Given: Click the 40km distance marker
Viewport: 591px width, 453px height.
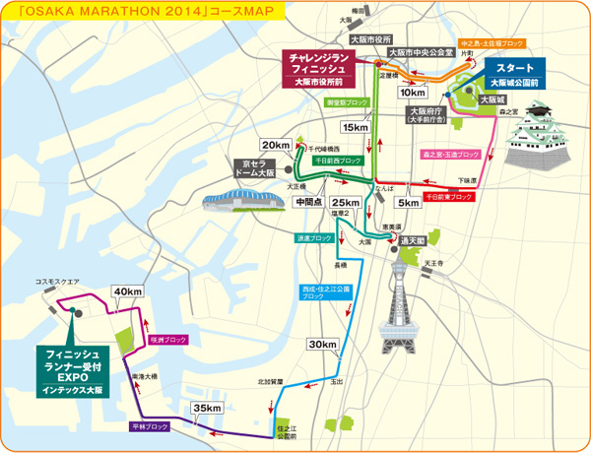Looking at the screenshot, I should coord(128,292).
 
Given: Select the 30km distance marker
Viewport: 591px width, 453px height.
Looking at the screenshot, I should coord(322,345).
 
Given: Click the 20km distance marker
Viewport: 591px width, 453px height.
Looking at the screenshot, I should coord(276,145).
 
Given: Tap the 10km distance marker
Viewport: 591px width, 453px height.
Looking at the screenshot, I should coord(414,92).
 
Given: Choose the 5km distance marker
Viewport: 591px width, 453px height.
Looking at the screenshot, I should coord(407,203).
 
